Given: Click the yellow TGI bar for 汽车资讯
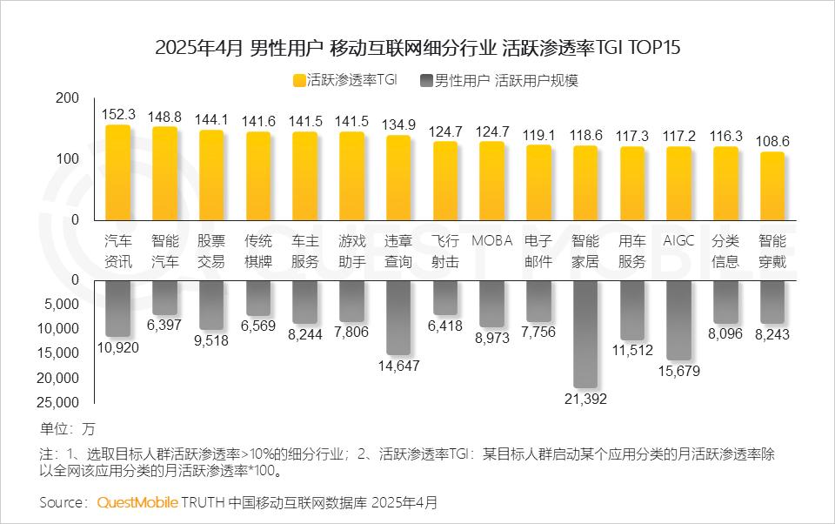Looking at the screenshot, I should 118,174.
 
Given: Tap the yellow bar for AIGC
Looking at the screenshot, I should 678,184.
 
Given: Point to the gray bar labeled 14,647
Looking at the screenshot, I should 398,317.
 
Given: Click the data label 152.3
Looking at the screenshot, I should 118,114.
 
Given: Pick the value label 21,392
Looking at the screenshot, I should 585,399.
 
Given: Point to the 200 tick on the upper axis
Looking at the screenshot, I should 66,99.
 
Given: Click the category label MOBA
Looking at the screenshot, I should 492,241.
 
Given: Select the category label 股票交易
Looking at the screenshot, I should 211,251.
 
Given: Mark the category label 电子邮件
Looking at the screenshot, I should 538,251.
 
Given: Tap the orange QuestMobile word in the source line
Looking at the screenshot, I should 137,502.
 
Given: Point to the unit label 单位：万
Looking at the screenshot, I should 67,428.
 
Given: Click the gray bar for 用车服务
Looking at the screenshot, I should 632,310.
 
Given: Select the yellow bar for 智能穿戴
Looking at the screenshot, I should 772,188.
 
